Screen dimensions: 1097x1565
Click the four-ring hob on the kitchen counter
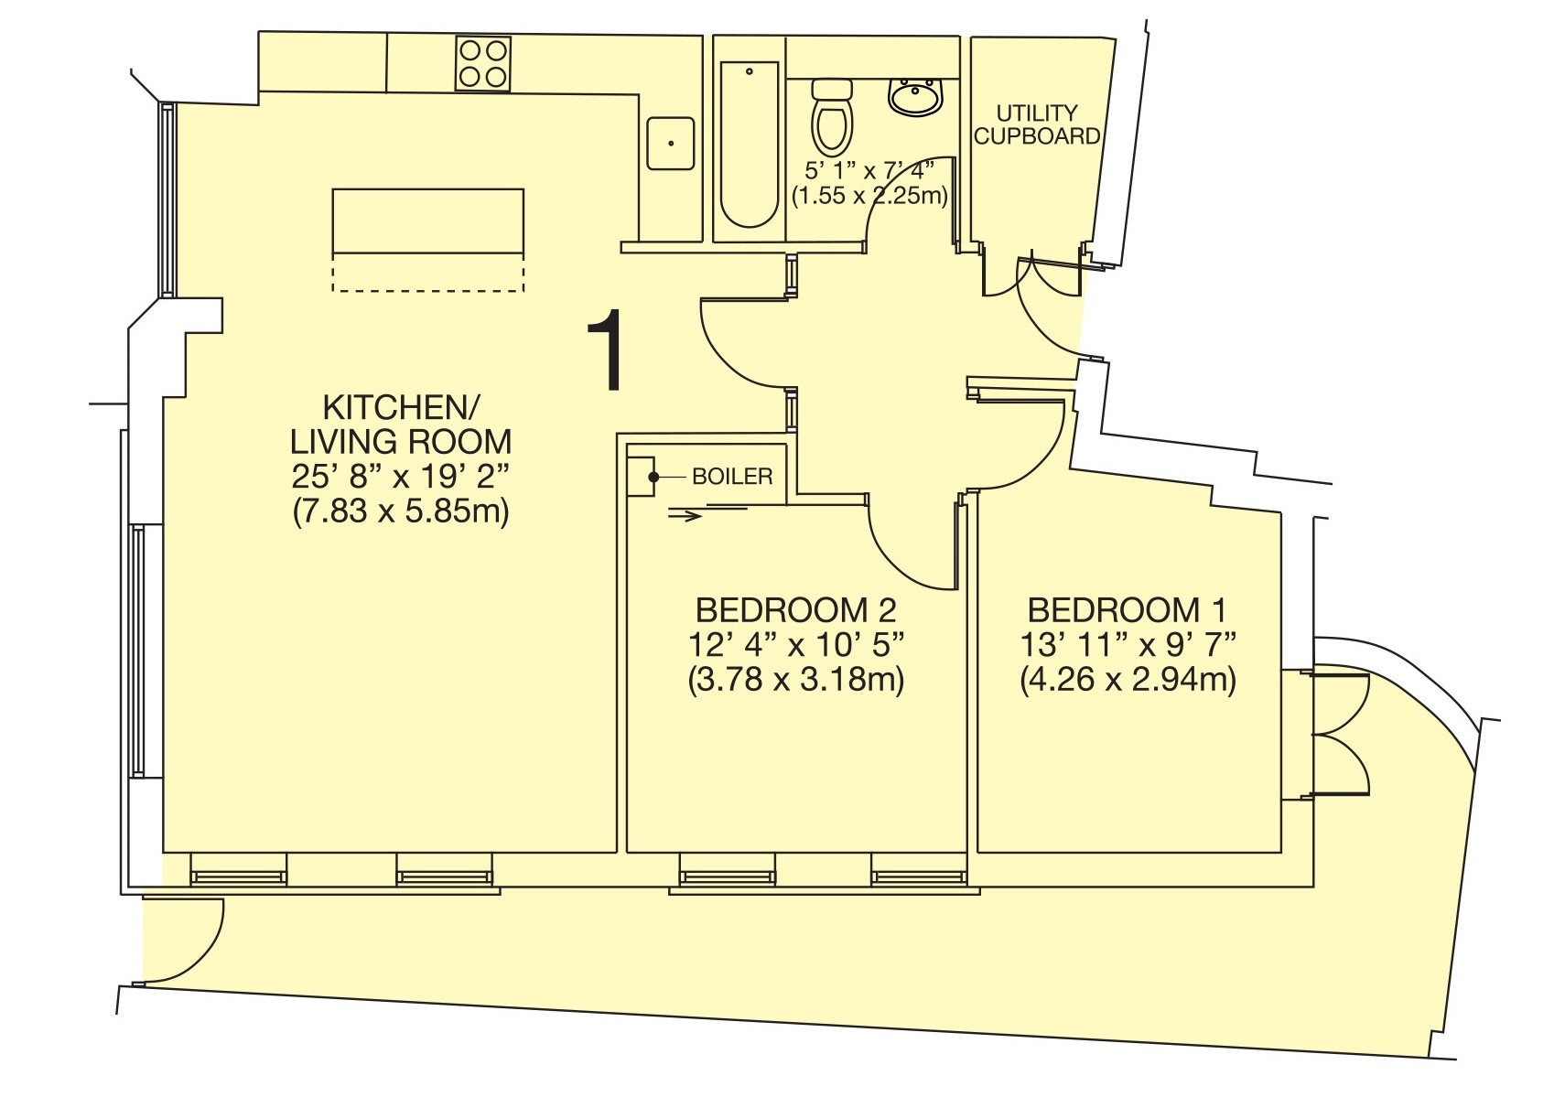pos(482,64)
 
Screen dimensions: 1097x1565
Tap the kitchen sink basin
pos(671,144)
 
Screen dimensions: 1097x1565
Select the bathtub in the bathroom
pos(749,145)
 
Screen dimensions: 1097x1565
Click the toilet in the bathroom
pos(832,116)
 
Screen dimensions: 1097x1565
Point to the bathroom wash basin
pos(915,96)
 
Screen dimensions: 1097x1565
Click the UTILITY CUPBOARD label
pos(1036,124)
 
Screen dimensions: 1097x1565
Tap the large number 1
pos(605,350)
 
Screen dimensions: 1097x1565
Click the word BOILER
pos(732,477)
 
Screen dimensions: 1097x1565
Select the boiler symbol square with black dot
pos(642,477)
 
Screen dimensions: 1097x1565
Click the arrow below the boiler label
pos(685,516)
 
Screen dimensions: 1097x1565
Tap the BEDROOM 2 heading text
pos(795,610)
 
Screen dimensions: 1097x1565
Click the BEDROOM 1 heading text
pos(1127,610)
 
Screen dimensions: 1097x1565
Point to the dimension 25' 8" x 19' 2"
pos(400,477)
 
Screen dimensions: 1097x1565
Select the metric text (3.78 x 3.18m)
pos(795,680)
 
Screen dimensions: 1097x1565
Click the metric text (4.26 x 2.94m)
pos(1128,680)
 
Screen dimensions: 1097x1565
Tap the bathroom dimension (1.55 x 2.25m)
pos(869,195)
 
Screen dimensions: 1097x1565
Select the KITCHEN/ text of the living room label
pos(400,407)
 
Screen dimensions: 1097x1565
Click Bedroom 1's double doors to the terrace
pos(1338,735)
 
